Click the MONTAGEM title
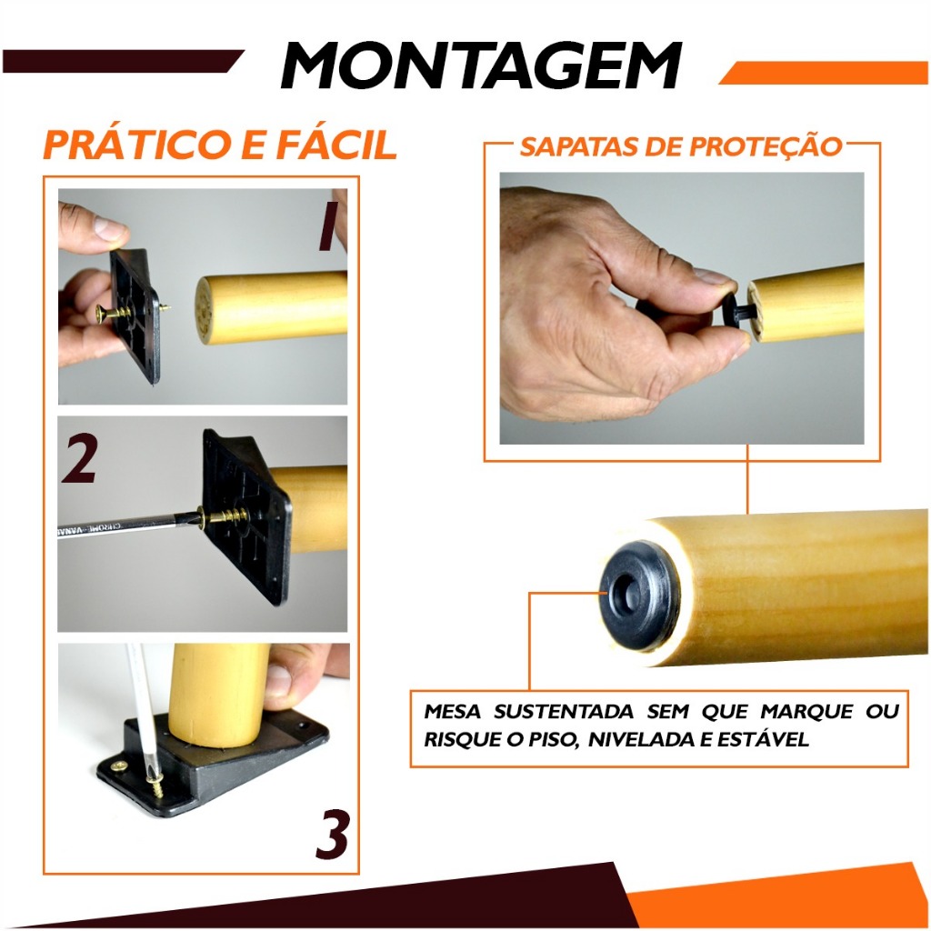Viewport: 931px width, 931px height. [x=481, y=65]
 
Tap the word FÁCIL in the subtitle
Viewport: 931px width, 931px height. [x=336, y=145]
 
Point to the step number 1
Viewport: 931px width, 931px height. [x=328, y=225]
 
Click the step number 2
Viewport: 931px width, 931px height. [x=79, y=458]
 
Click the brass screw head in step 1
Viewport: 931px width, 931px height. [x=102, y=313]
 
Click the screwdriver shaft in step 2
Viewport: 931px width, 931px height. [x=127, y=525]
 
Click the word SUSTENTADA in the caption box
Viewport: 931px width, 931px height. [x=564, y=711]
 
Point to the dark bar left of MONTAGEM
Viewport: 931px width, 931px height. [x=123, y=61]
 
